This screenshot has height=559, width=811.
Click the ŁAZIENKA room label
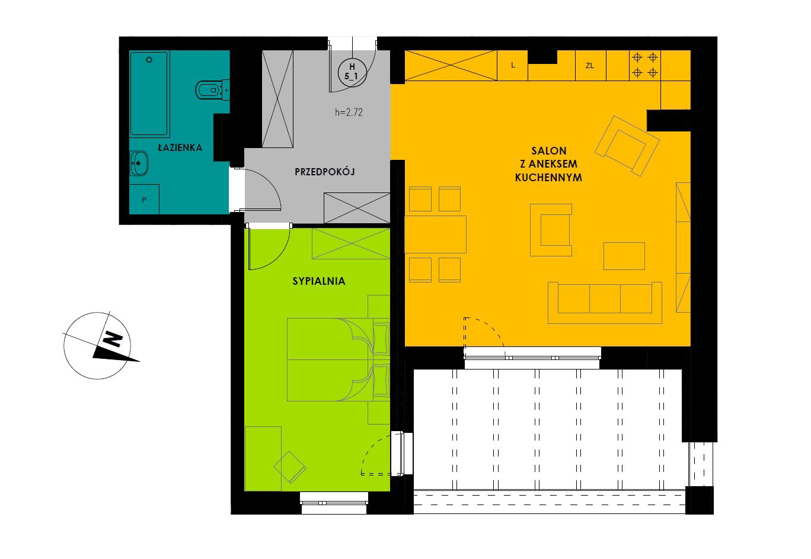coord(180,147)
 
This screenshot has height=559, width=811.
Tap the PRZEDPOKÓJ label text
coord(324,171)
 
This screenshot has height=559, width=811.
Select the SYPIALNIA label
coord(318,281)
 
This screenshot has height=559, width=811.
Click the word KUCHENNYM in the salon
coord(548,178)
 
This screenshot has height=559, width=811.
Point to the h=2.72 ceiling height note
coord(349,112)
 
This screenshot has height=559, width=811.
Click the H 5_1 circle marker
coord(352,72)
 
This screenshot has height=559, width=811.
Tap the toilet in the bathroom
coord(212,89)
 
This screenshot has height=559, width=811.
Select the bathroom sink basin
coord(139,163)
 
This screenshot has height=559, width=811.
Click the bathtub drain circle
coord(149,60)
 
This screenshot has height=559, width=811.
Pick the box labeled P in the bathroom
coord(144,199)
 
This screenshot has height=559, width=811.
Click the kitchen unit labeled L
coord(512,66)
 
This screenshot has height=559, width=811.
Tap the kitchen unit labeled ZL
coord(590,66)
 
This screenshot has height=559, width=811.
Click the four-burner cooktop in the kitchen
coord(645,65)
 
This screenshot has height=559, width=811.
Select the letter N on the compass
coord(112,339)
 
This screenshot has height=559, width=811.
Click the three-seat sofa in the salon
coord(605,303)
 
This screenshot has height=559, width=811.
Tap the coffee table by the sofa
coord(624,256)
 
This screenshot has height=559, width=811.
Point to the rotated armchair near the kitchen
coord(627,146)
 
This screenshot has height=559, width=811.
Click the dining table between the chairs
coord(435,234)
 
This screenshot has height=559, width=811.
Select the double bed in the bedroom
coord(338,359)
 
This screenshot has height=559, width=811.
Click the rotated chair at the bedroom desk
coord(290,467)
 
